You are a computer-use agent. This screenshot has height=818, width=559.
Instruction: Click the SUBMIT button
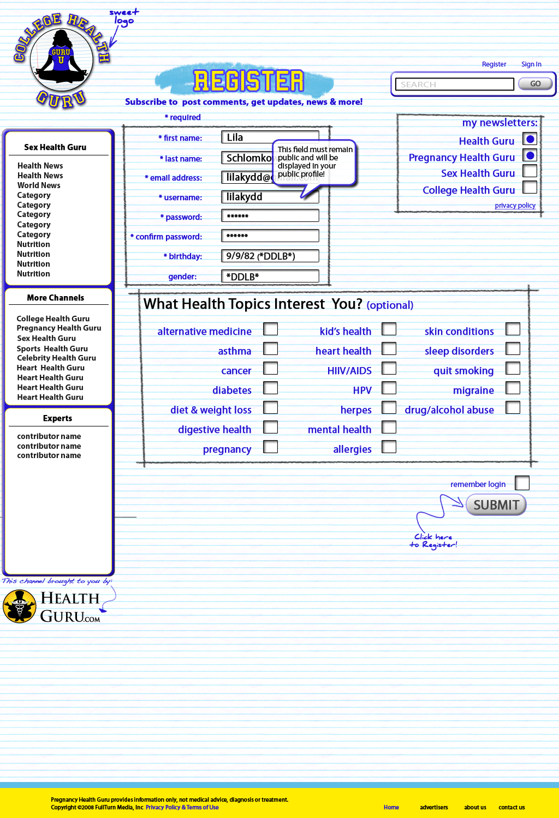tap(496, 505)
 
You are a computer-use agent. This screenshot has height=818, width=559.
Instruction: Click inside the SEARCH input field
tap(454, 84)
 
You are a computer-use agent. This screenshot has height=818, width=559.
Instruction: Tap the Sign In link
tap(531, 64)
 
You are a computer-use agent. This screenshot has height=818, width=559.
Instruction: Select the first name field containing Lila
tap(270, 137)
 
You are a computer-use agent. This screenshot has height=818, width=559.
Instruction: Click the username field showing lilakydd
tap(270, 197)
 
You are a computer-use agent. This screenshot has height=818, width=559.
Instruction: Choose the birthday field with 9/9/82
tap(270, 256)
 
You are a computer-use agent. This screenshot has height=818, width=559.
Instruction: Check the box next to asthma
tap(271, 349)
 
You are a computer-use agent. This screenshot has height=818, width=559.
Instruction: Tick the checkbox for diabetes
tap(271, 388)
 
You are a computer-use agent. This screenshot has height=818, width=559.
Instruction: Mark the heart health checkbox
tap(389, 349)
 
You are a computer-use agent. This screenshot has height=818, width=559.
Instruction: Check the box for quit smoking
tap(513, 369)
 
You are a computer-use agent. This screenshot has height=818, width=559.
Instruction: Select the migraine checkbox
tap(513, 388)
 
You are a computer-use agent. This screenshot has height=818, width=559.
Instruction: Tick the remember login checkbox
tap(522, 483)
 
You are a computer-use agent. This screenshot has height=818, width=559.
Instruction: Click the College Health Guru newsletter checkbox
tap(530, 188)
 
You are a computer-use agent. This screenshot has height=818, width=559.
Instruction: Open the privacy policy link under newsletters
tap(515, 206)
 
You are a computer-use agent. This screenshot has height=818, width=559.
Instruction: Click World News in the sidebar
tap(39, 185)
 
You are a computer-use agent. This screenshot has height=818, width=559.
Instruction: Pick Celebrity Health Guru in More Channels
tap(56, 358)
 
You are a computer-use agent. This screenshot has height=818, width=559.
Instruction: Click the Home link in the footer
tap(391, 808)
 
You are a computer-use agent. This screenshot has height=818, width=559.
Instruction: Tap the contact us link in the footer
tap(512, 808)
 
